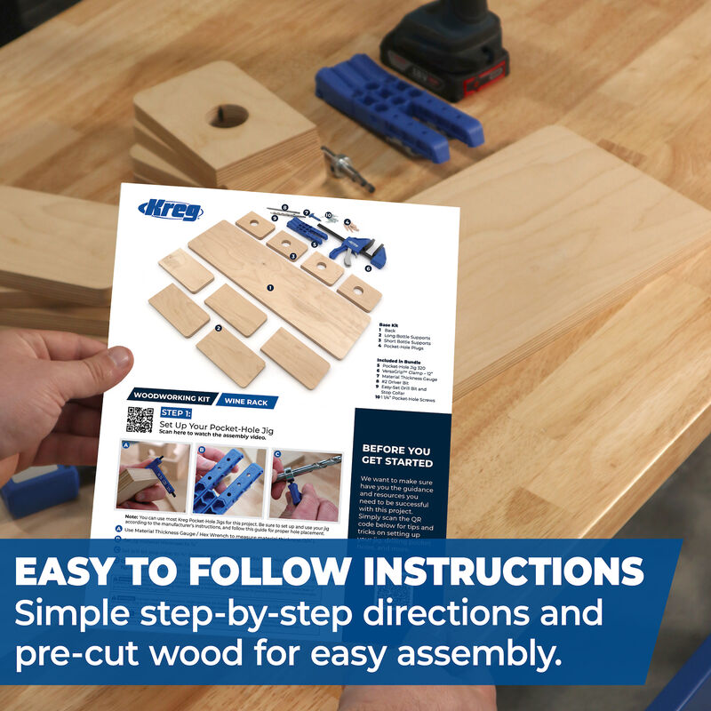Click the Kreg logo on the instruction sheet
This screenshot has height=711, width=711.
click(x=171, y=212)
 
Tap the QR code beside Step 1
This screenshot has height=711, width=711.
click(x=140, y=419)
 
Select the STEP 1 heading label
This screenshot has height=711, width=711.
click(x=176, y=413)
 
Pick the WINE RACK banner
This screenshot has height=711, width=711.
click(x=245, y=402)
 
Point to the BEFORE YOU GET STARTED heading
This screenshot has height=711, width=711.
click(x=396, y=456)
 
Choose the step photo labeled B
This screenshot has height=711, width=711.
click(x=228, y=482)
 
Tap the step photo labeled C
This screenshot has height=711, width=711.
click(x=305, y=484)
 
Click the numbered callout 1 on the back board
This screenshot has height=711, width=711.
click(x=270, y=288)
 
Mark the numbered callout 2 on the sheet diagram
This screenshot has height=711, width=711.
click(x=218, y=328)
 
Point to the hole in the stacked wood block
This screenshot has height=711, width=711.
click(x=228, y=116)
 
